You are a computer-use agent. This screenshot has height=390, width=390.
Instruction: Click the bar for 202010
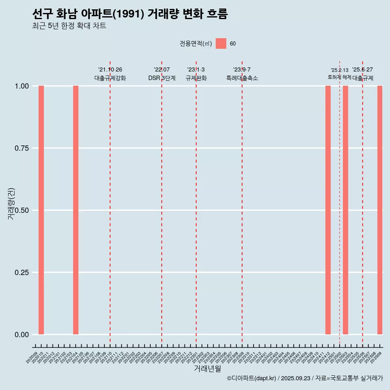tap(41, 210)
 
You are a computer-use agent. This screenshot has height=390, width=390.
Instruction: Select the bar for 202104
tap(76, 210)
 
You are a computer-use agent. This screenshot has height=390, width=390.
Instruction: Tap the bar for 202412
tap(328, 210)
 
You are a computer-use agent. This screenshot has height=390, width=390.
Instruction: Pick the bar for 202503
tap(345, 210)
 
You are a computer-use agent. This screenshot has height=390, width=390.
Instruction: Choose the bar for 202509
tap(380, 210)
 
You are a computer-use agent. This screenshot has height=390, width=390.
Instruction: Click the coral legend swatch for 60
tap(221, 43)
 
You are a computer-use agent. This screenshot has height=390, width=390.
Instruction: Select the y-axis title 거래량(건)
tap(11, 203)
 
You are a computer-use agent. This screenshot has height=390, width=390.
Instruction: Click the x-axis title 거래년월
tap(208, 368)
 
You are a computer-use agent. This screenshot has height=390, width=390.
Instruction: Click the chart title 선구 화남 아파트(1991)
tap(130, 14)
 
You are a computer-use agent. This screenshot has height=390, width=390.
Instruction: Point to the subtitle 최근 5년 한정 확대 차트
tap(69, 26)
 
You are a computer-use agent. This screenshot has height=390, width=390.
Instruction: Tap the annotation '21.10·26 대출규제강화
tap(110, 74)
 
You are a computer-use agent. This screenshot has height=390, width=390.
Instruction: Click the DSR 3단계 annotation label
tap(162, 78)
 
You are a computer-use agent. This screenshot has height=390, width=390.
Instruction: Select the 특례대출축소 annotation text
tap(242, 78)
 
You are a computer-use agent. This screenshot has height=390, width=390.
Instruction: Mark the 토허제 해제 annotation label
tap(339, 77)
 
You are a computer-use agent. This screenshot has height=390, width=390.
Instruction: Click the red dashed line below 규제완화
tap(196, 203)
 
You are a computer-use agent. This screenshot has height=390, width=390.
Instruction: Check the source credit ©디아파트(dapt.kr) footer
tap(305, 378)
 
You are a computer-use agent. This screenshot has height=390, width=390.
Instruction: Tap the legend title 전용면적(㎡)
tap(195, 44)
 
